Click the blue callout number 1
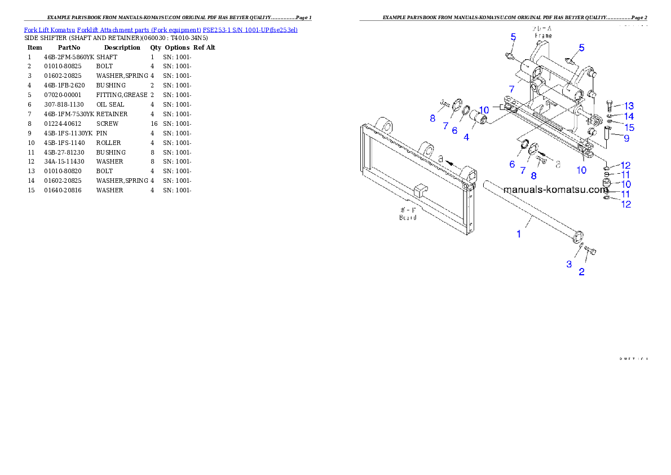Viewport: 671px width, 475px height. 519,233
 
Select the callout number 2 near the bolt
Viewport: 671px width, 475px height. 581,271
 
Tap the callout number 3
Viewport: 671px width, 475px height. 569,264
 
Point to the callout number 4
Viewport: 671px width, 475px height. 466,137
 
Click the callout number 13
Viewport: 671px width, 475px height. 629,106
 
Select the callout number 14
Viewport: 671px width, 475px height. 629,117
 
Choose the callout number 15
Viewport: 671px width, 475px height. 629,127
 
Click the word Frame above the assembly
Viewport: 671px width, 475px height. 543,35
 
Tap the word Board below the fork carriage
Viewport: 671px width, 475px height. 408,217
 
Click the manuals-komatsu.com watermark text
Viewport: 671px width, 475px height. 556,190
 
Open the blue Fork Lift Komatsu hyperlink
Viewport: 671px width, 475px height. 161,29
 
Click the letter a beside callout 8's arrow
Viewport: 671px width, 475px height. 558,165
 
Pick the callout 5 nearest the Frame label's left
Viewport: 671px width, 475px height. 513,37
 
